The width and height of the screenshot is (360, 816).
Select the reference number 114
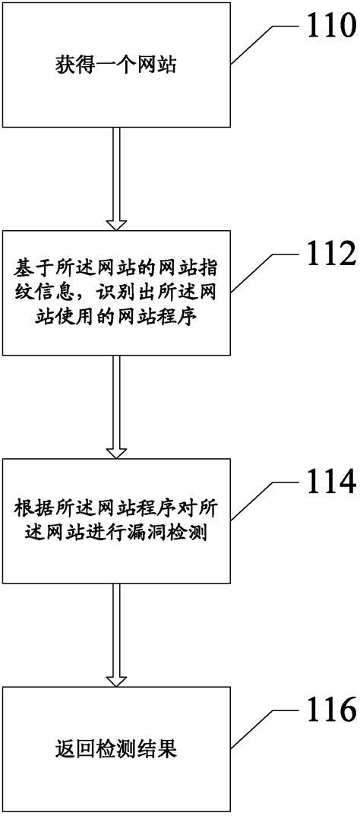click(327, 483)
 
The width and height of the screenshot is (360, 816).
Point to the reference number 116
click(327, 711)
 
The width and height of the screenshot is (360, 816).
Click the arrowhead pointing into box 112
click(115, 223)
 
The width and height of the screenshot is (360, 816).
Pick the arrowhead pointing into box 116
click(115, 679)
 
